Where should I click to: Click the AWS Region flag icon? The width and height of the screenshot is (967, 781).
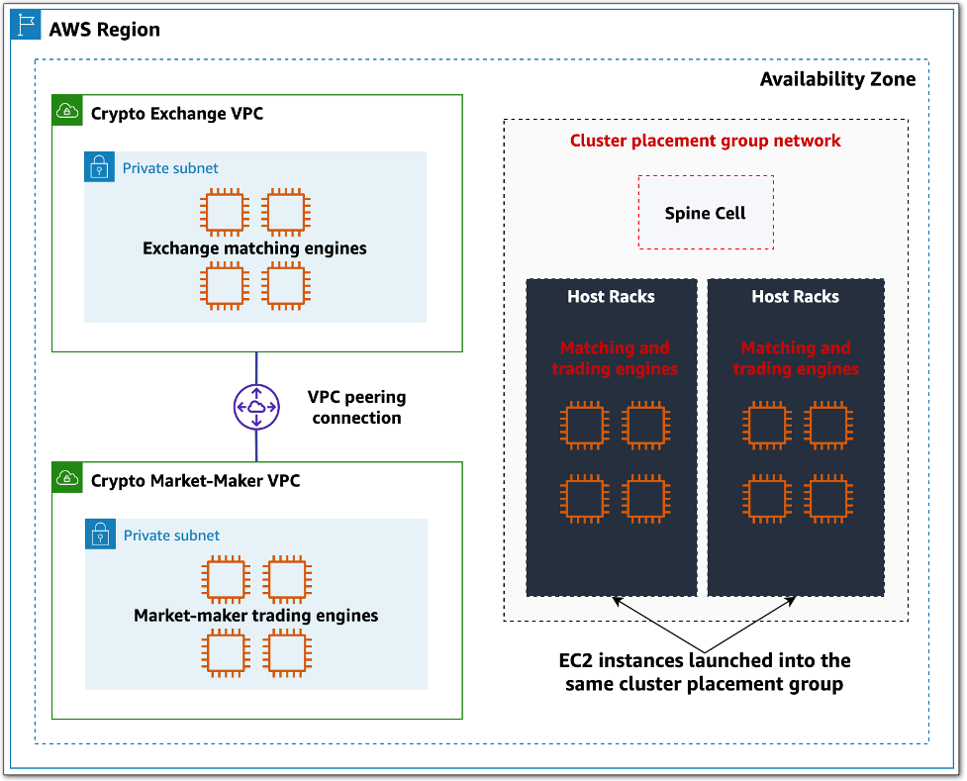click(x=26, y=27)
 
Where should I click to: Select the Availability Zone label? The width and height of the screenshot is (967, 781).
click(x=837, y=79)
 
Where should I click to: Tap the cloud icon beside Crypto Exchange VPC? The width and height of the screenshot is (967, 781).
click(x=67, y=112)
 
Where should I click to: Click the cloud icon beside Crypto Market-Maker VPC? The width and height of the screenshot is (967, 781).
click(x=67, y=479)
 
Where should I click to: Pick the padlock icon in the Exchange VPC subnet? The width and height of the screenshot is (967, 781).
click(x=100, y=167)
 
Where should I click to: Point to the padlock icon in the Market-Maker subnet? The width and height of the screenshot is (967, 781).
click(x=101, y=535)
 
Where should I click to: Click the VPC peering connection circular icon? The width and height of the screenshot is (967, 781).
click(x=256, y=407)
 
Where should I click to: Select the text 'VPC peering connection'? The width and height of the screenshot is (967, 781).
click(x=356, y=407)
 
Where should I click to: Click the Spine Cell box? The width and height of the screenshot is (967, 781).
click(x=705, y=213)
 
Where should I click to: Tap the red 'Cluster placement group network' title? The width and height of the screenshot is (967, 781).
click(x=705, y=141)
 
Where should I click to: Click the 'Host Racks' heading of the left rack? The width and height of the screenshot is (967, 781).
click(x=611, y=296)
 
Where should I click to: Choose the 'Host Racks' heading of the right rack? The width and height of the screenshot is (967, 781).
click(x=795, y=296)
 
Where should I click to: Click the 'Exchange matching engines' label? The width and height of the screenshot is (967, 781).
click(x=254, y=248)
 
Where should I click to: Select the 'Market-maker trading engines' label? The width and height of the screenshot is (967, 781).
click(x=255, y=616)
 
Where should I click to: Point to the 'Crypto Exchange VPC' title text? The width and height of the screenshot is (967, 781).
click(x=177, y=113)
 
